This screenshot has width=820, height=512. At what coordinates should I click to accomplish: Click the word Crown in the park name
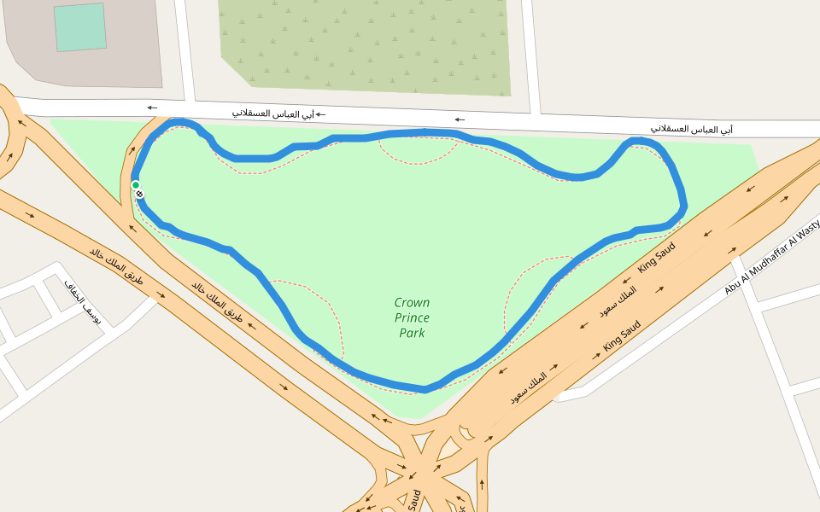coord(412,302)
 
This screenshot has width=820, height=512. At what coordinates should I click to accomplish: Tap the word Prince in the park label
coord(412,317)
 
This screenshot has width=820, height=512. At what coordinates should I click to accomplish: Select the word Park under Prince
coord(412,333)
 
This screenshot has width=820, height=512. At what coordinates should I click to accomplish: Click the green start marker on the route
coord(135,185)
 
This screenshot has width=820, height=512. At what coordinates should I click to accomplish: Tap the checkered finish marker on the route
coord(139,194)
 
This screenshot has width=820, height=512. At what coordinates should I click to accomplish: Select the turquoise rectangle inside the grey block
coord(80,27)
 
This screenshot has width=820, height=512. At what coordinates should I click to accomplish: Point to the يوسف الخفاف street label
coord(83,305)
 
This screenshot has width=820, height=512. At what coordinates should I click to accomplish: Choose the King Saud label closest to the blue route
coord(656,258)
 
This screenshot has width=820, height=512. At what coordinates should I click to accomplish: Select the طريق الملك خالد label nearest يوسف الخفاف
coord(116,267)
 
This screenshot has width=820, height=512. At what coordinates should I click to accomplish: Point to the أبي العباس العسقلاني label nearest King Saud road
coord(691,129)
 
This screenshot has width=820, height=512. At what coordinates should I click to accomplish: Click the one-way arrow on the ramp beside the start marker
coord(132,150)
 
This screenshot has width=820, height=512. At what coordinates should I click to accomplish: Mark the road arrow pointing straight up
coord(482,484)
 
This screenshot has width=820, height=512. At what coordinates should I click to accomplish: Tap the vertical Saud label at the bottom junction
coord(414,500)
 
